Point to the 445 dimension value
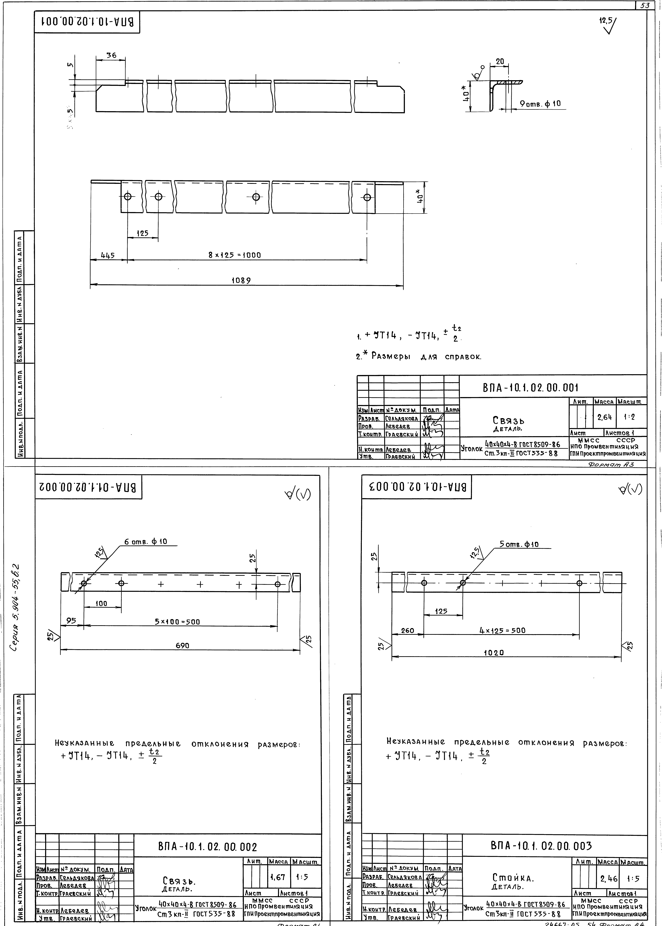(x=108, y=255)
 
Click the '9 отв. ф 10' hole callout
(x=540, y=103)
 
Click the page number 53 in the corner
(x=645, y=6)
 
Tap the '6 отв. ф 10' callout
(x=151, y=541)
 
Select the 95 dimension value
(x=71, y=621)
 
